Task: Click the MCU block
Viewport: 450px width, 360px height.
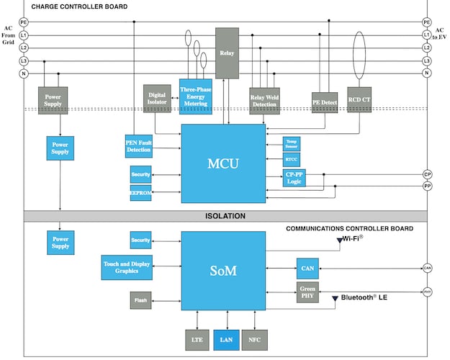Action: pyautogui.click(x=224, y=163)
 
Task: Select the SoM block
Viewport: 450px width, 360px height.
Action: pyautogui.click(x=224, y=270)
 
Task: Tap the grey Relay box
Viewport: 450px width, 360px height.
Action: pyautogui.click(x=226, y=53)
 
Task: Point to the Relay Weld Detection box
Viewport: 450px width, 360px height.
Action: pyautogui.click(x=264, y=102)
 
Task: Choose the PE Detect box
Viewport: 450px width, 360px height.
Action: pyautogui.click(x=325, y=102)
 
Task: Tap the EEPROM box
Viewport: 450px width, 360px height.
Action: pyautogui.click(x=140, y=193)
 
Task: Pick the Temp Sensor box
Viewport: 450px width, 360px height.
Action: pyautogui.click(x=291, y=144)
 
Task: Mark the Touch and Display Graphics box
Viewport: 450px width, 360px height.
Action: pyautogui.click(x=126, y=268)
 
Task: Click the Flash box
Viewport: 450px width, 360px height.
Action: pyautogui.click(x=140, y=299)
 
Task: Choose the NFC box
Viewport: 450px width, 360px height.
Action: pyautogui.click(x=254, y=338)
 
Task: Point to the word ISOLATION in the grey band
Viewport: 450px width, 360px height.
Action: pyautogui.click(x=225, y=216)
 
